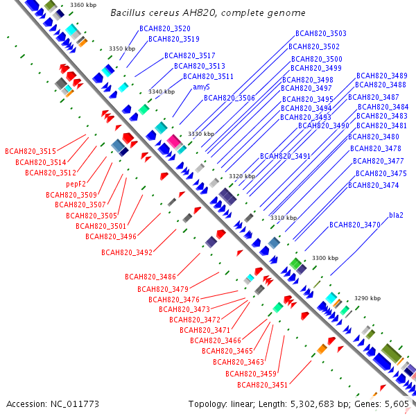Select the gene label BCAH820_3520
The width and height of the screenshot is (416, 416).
click(164, 28)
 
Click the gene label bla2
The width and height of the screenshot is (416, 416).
click(396, 215)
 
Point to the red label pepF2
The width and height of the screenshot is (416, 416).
click(76, 184)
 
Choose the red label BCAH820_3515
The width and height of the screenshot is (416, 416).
click(31, 151)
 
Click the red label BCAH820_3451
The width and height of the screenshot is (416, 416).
click(263, 385)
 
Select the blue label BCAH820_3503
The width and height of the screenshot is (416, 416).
click(321, 33)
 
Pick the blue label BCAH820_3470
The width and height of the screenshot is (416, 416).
click(355, 225)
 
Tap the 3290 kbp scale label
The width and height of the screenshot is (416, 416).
click(367, 298)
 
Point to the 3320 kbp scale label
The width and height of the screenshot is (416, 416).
click(242, 177)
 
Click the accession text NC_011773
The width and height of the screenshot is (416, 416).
click(53, 404)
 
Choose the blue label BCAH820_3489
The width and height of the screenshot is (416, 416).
click(382, 76)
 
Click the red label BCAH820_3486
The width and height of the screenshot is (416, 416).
click(150, 277)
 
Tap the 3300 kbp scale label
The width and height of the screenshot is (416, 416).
click(324, 258)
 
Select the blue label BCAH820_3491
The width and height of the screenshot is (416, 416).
click(286, 157)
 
